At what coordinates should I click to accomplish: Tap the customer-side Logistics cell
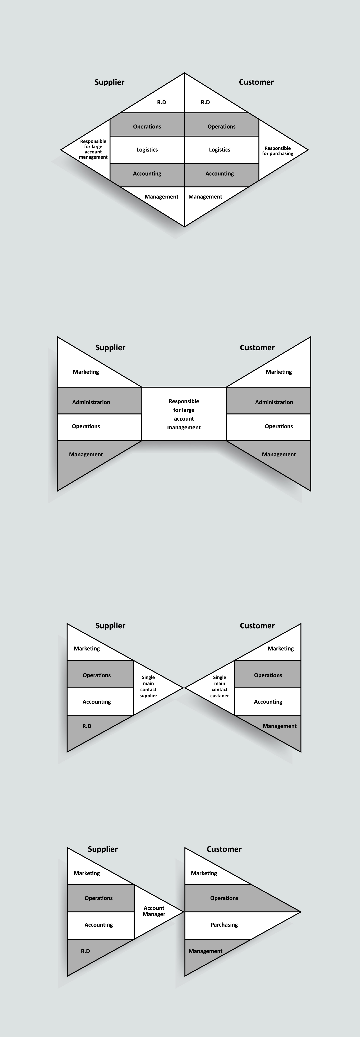[x=220, y=150]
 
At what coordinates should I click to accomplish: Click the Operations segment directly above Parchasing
[x=224, y=898]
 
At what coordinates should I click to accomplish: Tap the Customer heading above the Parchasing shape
[x=224, y=849]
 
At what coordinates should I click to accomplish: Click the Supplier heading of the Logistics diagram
[x=110, y=82]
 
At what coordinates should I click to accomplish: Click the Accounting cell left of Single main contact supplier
[x=97, y=702]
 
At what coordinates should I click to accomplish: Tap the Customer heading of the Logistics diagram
[x=256, y=82]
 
